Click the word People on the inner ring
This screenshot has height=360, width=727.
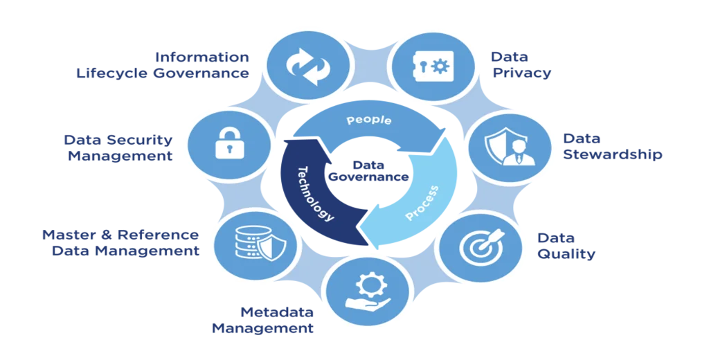click(x=369, y=121)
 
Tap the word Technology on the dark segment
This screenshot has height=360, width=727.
click(x=315, y=193)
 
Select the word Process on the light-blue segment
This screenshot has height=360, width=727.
click(x=422, y=203)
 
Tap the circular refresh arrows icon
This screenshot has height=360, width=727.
click(x=305, y=64)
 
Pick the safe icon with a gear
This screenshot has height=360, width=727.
click(x=429, y=66)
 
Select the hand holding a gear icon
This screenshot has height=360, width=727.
click(x=368, y=293)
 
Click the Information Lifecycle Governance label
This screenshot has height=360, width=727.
click(x=162, y=65)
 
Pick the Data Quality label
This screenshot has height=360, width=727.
click(x=566, y=246)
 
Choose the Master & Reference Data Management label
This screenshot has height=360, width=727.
click(x=122, y=242)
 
